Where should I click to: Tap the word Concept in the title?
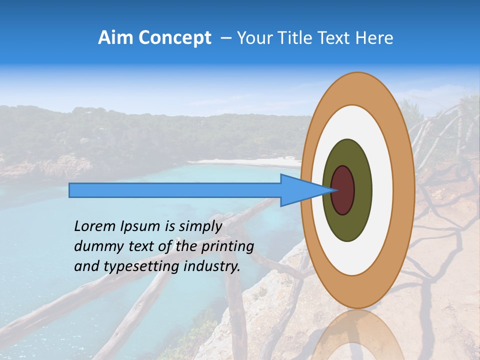(x=174, y=38)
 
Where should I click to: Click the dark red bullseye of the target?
(x=343, y=190)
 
